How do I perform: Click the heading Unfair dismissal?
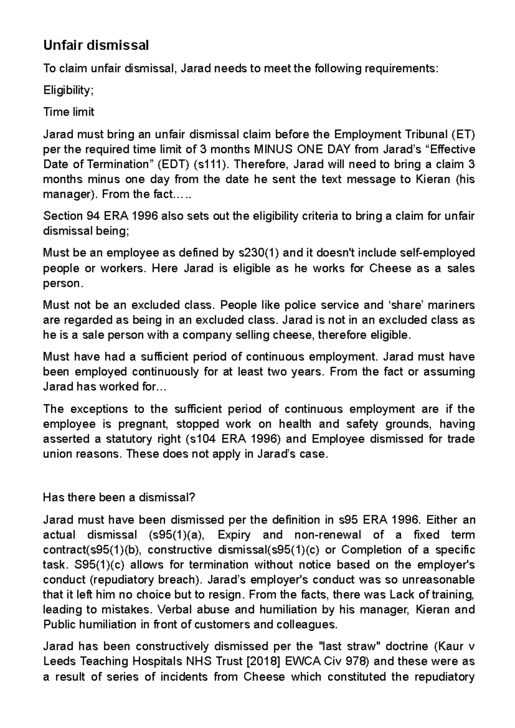pyautogui.click(x=96, y=45)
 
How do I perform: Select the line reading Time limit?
pyautogui.click(x=69, y=112)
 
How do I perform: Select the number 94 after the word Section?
pyautogui.click(x=88, y=216)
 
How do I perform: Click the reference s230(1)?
pyautogui.click(x=258, y=253)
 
